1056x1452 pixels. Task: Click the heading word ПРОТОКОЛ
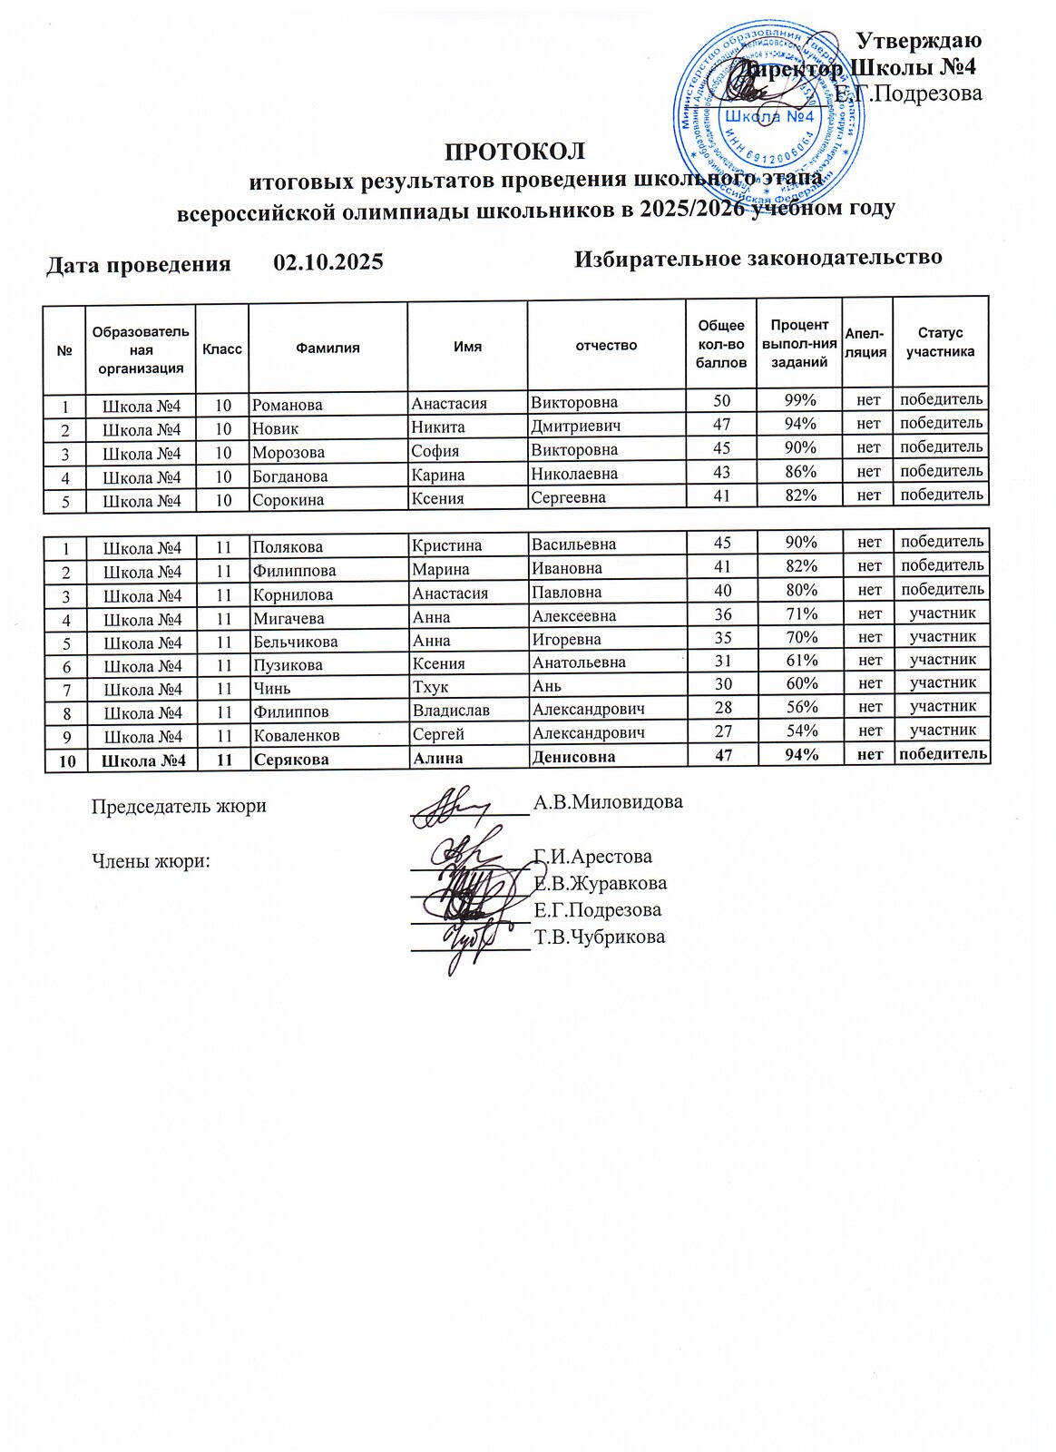pos(514,151)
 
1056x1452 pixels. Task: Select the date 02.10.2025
pos(328,263)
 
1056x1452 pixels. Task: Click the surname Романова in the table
pos(288,405)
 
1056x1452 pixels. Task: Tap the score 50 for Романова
pos(722,401)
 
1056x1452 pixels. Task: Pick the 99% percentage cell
pos(800,400)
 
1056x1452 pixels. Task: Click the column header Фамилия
pos(328,348)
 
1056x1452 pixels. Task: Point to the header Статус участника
pos(940,342)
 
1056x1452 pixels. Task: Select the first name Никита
pos(438,427)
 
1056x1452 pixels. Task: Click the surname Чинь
pos(272,689)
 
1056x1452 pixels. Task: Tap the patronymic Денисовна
pos(573,757)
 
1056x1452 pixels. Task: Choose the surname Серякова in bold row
pos(291,760)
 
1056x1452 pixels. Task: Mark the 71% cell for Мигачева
pos(801,614)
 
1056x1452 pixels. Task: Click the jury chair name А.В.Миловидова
pos(608,802)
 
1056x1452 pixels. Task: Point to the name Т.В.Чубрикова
pos(600,937)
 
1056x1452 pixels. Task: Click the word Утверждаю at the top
pos(919,41)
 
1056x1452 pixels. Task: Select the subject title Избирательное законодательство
pos(758,259)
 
